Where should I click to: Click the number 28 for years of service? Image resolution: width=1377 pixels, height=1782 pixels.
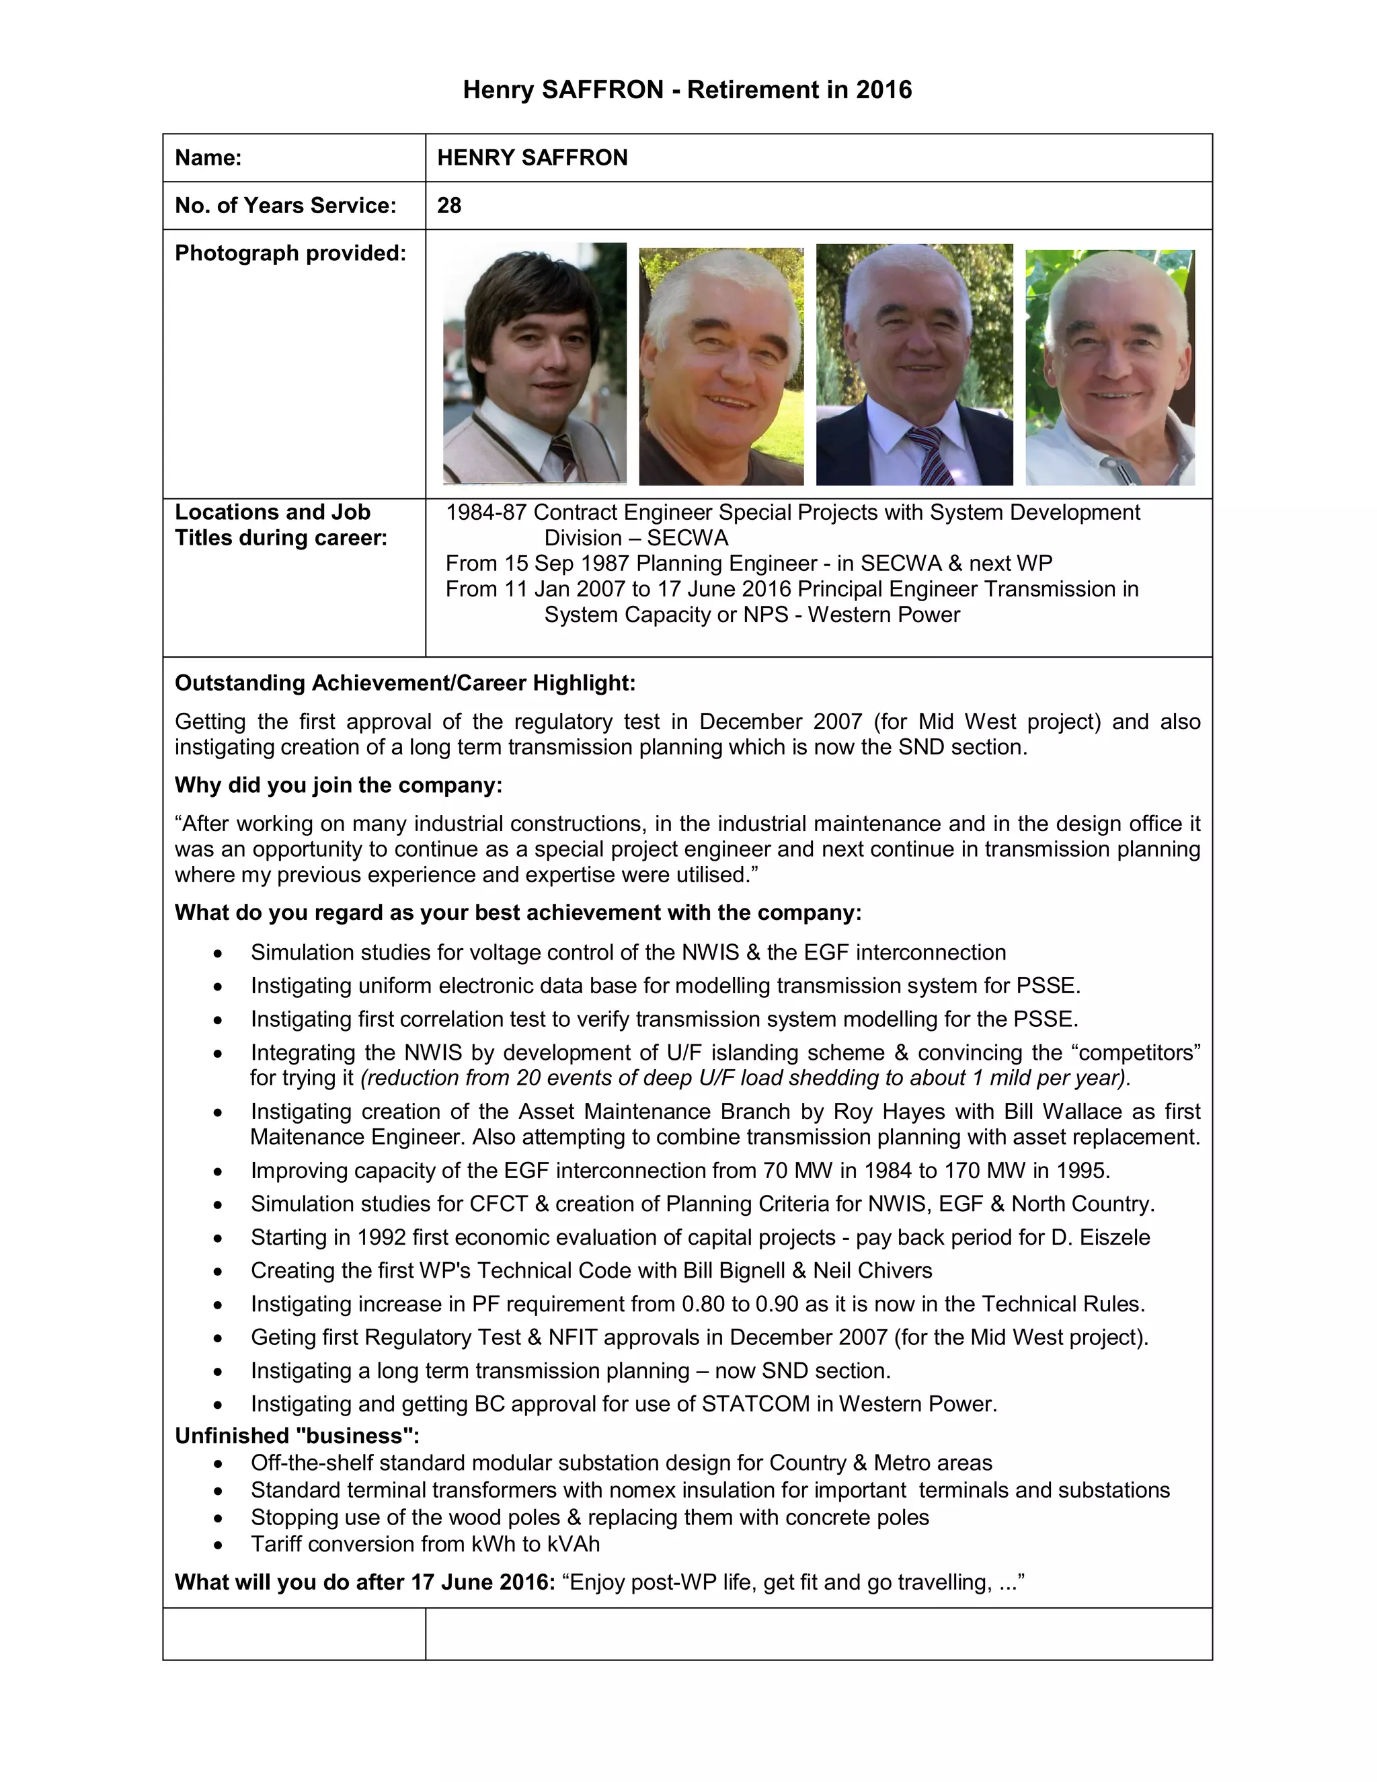pos(448,206)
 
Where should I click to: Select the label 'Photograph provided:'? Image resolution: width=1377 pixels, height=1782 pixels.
pos(290,254)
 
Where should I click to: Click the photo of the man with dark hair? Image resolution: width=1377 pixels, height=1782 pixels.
pos(535,363)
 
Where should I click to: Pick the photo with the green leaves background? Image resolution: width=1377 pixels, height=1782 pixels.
pos(1109,367)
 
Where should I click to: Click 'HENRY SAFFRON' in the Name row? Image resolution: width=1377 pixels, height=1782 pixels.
pos(532,157)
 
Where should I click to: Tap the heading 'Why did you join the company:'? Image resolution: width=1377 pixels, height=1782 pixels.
pos(338,785)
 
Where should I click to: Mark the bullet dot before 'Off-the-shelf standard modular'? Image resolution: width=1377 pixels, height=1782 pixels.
pos(218,1464)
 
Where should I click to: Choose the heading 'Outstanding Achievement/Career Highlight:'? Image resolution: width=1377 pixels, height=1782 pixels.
pos(405,683)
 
